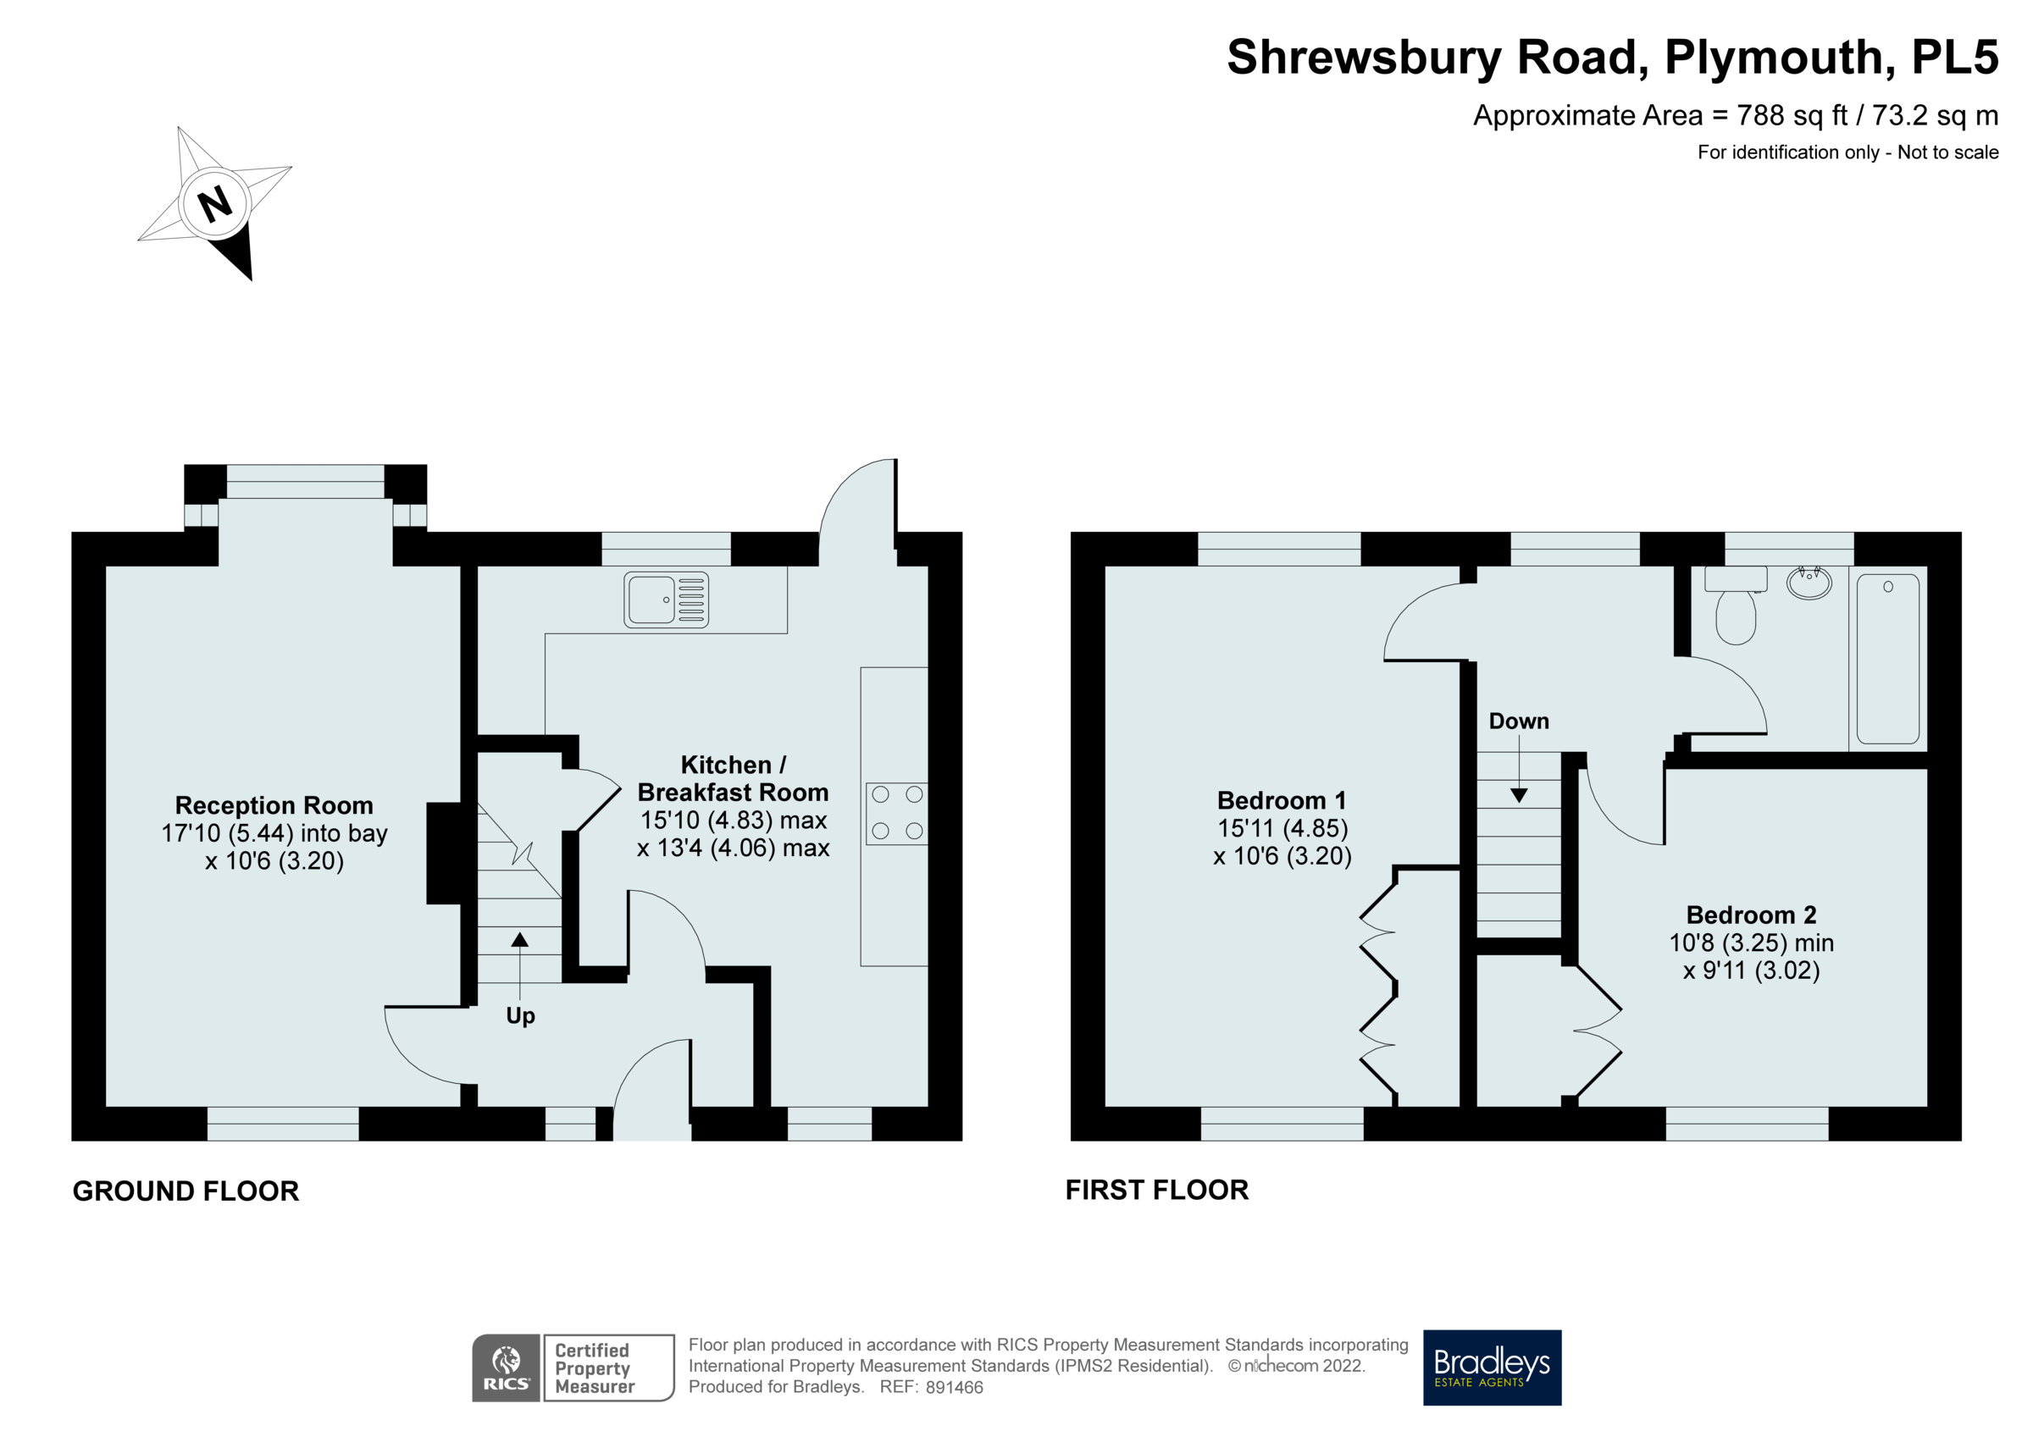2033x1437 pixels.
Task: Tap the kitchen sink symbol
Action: (666, 600)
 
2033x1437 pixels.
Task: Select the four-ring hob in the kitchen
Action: (896, 813)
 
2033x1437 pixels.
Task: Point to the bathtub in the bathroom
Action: (1888, 659)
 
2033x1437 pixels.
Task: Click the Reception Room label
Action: (274, 805)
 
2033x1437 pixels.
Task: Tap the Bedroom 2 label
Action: (1751, 915)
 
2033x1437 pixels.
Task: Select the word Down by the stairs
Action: (1519, 721)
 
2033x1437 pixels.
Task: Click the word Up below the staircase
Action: (521, 1015)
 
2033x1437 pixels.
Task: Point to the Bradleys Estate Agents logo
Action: (1492, 1367)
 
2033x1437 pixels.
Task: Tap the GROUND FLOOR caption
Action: (186, 1191)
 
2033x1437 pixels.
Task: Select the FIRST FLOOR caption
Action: (1156, 1190)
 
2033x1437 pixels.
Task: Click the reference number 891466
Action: (954, 1387)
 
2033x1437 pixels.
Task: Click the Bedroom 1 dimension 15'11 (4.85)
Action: (1282, 829)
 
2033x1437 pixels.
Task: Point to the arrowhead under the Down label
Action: (1519, 795)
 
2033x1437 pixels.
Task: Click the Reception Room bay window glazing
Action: (306, 482)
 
